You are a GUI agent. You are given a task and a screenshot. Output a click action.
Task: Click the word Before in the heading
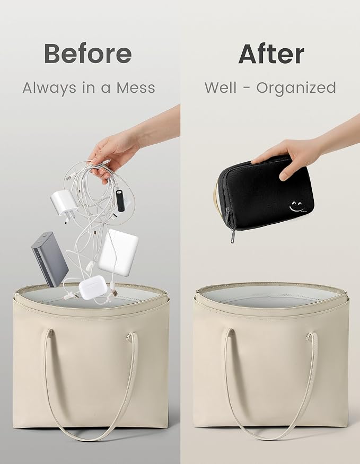coord(88,54)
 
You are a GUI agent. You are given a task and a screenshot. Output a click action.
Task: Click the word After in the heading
coord(271,54)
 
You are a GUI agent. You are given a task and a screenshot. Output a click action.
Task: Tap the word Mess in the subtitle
coord(136,88)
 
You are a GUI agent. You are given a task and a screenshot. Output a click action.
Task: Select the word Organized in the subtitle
coord(296,88)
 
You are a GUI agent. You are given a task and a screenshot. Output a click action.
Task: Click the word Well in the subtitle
coord(221,87)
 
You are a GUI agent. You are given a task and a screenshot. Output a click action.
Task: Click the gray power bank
coord(50,259)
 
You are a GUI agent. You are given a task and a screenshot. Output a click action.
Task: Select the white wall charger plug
coord(64,205)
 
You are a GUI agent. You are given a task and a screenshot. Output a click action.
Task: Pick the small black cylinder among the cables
coord(120,200)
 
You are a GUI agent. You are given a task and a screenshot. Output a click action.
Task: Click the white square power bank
coord(118,252)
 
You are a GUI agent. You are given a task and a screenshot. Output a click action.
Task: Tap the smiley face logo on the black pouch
coord(297,207)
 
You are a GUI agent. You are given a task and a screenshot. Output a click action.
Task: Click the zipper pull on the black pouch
coord(233,236)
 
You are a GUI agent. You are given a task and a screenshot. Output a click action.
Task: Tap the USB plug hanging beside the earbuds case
coord(113,292)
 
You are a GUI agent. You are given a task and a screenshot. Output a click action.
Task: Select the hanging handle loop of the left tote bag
coord(91,384)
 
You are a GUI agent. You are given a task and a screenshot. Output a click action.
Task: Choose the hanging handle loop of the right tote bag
coord(271,384)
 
